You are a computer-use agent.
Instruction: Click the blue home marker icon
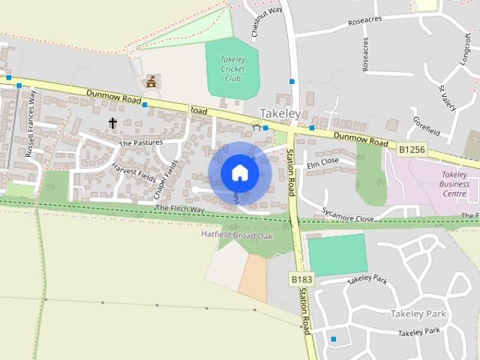(239, 172)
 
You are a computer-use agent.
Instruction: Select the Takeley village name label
(280, 113)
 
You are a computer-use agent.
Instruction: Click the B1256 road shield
(412, 150)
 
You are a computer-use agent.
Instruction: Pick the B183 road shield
(301, 279)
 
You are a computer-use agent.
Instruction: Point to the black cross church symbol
(113, 122)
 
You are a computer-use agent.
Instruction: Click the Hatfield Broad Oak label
(236, 235)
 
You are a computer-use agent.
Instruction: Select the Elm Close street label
(323, 161)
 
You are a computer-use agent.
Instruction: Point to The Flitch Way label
(180, 208)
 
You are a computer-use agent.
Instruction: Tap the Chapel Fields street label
(166, 180)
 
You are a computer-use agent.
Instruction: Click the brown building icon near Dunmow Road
(152, 81)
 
